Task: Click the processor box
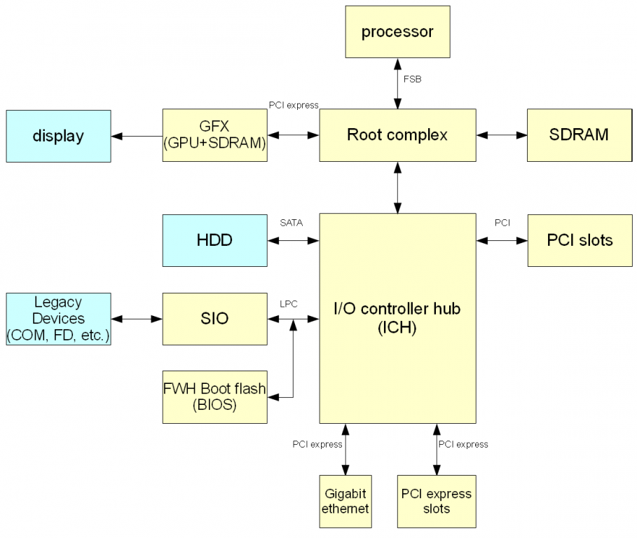click(x=397, y=32)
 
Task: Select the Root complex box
click(x=397, y=135)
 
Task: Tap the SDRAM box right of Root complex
click(x=579, y=135)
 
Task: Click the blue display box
click(x=58, y=136)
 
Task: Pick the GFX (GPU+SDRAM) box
click(x=214, y=135)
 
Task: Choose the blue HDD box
click(x=214, y=240)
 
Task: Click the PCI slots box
click(x=579, y=240)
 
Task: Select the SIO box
click(x=214, y=318)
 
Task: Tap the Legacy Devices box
click(x=58, y=319)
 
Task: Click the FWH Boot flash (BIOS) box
click(x=214, y=396)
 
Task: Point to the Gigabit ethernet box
click(x=345, y=502)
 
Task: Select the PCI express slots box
click(x=436, y=502)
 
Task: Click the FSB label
click(x=412, y=79)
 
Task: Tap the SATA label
click(x=291, y=223)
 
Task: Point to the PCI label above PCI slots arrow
click(x=502, y=223)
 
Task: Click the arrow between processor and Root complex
click(x=398, y=83)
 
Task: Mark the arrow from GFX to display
click(x=136, y=136)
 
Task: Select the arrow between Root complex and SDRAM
click(x=501, y=135)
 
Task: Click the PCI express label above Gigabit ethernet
click(x=317, y=444)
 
